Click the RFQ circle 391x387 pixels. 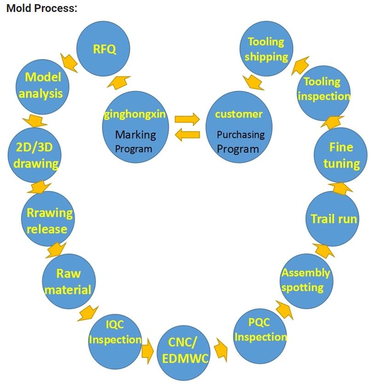103,49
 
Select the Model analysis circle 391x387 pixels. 43,85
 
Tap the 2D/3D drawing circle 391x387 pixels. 36,155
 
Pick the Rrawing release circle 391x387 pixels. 48,220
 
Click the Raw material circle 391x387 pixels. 69,281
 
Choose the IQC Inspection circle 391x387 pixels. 115,332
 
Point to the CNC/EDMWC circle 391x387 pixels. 183,351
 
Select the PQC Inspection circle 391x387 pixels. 259,330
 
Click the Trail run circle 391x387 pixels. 333,218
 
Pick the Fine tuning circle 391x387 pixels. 340,155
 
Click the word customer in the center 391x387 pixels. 239,114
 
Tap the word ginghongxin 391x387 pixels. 134,114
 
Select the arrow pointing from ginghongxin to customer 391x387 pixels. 187,119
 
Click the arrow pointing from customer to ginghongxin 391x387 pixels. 187,135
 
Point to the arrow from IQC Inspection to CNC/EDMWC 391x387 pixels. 147,351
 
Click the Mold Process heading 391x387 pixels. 42,8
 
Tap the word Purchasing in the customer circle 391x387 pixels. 241,135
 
